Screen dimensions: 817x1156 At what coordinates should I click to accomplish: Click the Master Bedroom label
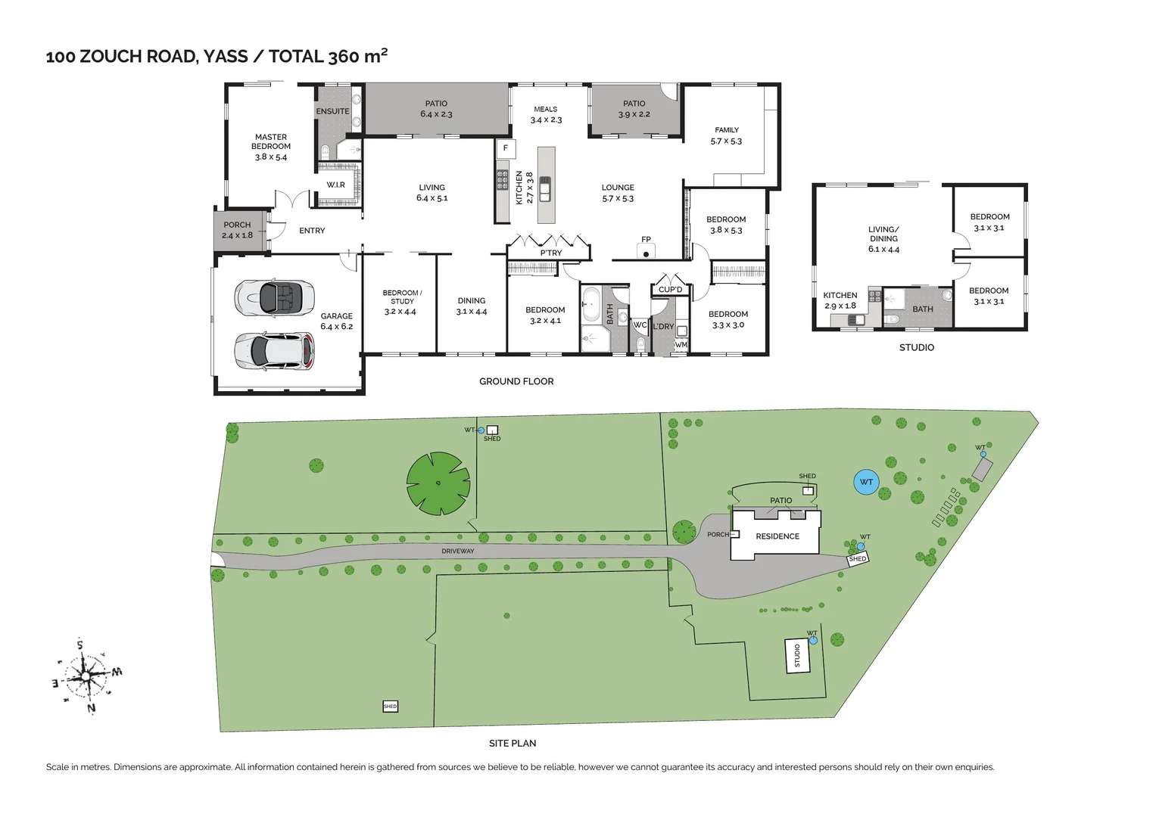tap(271, 147)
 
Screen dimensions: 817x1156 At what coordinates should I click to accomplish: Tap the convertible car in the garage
tap(273, 297)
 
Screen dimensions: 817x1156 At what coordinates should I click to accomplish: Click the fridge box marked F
tap(506, 148)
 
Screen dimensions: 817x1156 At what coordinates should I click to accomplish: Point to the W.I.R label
tap(335, 185)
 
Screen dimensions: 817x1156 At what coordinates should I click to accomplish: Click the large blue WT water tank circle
tap(866, 482)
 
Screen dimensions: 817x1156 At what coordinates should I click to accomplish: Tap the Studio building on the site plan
tap(796, 656)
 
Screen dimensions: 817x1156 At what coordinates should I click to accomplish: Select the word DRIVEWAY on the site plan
tap(458, 551)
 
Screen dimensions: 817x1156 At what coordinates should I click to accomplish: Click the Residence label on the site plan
tap(777, 536)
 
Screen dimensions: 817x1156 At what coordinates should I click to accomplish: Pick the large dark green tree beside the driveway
tap(438, 483)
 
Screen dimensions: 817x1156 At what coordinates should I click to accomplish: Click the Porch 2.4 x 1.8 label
tap(237, 230)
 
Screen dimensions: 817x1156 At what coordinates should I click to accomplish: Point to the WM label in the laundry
tap(681, 345)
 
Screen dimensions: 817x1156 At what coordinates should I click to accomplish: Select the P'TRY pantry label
tap(550, 253)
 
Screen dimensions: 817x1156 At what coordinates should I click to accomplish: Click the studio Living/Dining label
tap(883, 239)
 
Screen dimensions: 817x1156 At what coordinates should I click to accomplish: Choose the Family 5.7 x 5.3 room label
tap(726, 135)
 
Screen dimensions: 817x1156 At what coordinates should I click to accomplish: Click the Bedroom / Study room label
tap(401, 302)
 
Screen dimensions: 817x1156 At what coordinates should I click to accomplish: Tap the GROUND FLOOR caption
tap(516, 381)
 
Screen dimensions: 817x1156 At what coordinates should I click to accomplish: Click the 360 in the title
tap(344, 57)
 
